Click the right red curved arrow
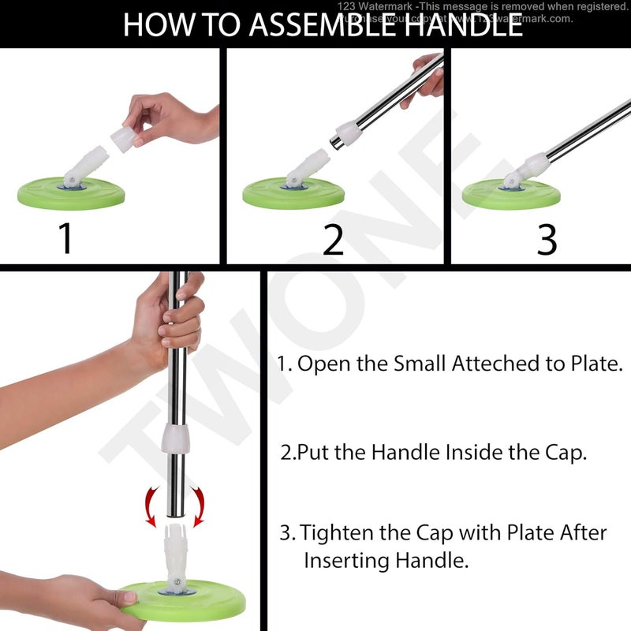click(198, 506)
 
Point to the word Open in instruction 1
click(323, 364)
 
